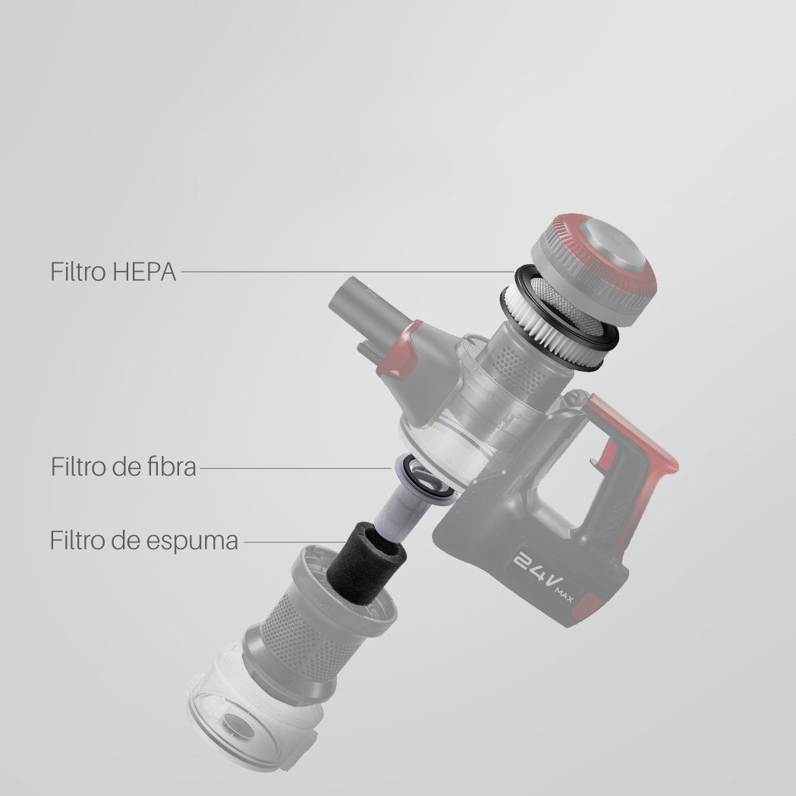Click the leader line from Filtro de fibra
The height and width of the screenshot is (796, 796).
(296, 468)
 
